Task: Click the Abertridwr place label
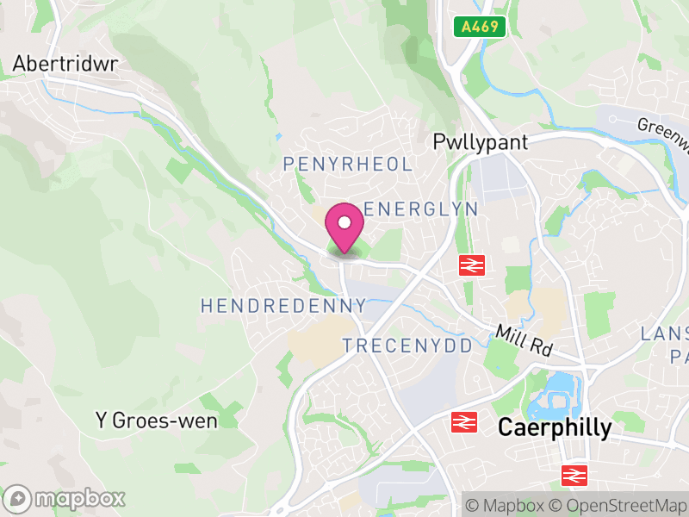tap(65, 64)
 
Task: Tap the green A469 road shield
tap(479, 27)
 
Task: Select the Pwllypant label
tap(481, 142)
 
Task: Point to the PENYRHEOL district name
tap(348, 164)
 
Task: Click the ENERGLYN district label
tap(421, 209)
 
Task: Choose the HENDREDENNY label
tap(283, 306)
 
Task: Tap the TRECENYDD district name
tap(408, 346)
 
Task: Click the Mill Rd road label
tap(525, 341)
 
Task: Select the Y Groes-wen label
tap(156, 420)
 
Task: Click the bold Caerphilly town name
tap(556, 427)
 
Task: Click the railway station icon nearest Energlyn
tap(470, 265)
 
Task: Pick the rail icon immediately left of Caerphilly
tap(463, 422)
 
